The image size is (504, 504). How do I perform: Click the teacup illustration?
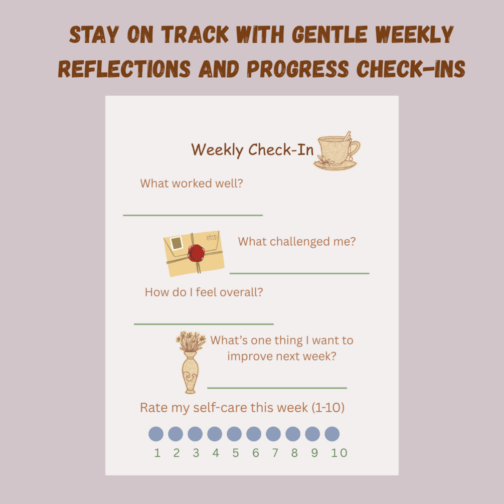[x=337, y=151]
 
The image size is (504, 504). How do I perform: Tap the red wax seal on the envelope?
[x=196, y=253]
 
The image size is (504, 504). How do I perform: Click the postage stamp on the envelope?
[x=177, y=243]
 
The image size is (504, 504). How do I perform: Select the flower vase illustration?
[x=191, y=362]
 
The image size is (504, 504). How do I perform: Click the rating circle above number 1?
[x=156, y=434]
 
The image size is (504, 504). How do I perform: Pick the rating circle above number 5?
[x=234, y=434]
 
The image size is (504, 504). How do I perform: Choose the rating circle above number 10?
[x=332, y=434]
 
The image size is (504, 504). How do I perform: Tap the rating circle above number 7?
[x=273, y=434]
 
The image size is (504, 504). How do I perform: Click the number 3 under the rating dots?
[x=196, y=453]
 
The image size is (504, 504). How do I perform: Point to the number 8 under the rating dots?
[x=294, y=453]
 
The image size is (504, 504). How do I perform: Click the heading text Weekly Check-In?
[x=252, y=150]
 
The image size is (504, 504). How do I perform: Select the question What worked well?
[x=192, y=183]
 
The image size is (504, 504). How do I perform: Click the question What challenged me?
[x=297, y=242]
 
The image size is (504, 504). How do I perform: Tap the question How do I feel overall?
[x=204, y=292]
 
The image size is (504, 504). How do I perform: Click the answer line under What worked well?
[x=193, y=215]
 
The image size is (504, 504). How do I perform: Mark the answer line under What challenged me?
[x=299, y=273]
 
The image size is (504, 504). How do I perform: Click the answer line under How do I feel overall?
[x=204, y=324]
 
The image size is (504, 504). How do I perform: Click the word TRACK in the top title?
[x=195, y=35]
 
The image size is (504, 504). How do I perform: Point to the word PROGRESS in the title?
[x=298, y=69]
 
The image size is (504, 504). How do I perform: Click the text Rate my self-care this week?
[x=224, y=408]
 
